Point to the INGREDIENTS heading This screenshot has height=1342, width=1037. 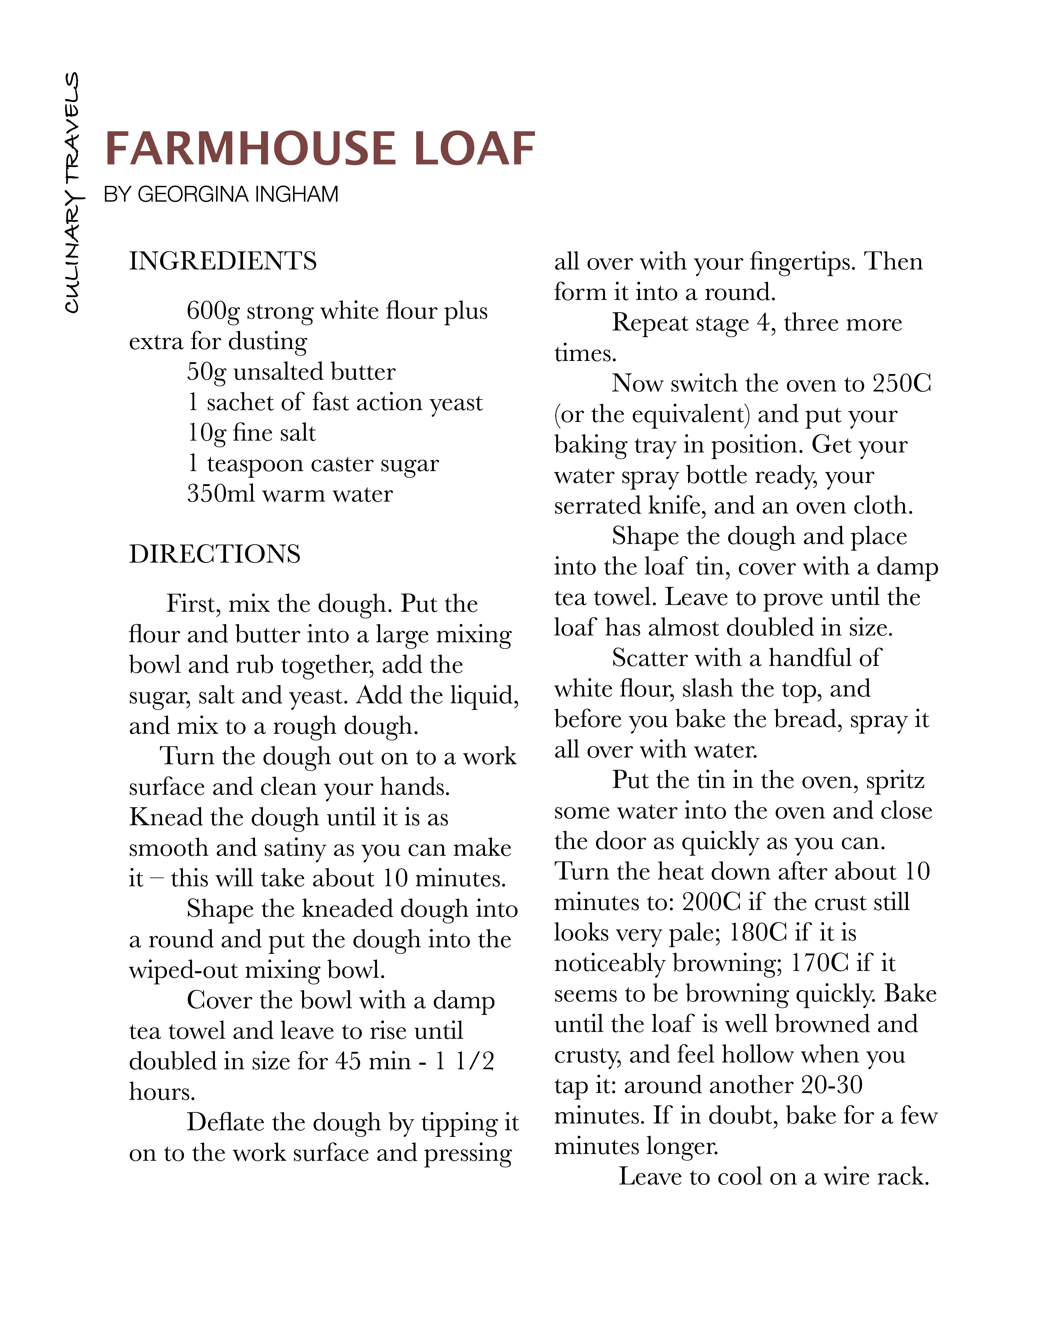point(223,261)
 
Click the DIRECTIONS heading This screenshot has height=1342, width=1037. point(214,554)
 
